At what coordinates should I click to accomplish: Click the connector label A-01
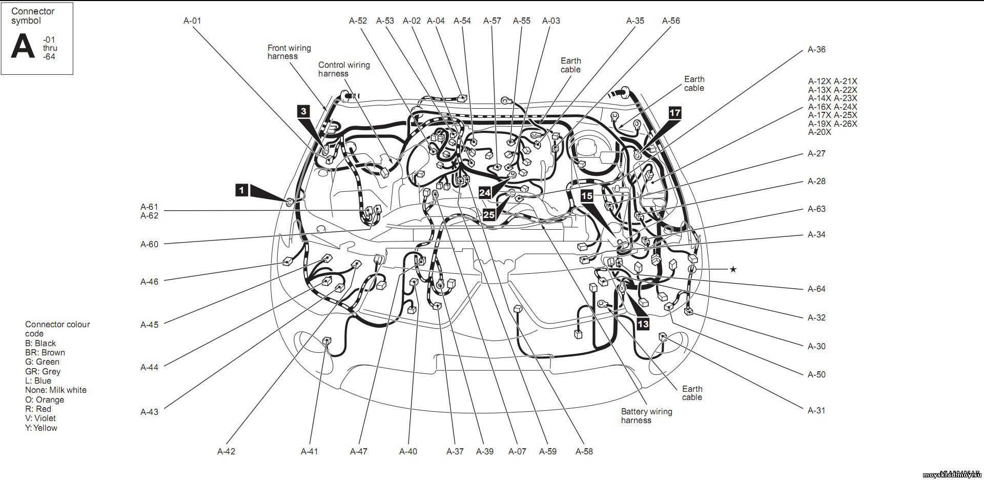tap(192, 21)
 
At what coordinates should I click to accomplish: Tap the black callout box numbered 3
tap(304, 111)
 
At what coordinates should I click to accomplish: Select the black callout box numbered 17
tap(675, 113)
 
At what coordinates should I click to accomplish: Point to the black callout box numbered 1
tap(242, 190)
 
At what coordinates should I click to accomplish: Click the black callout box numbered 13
tap(643, 324)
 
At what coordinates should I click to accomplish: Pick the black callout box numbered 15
tap(587, 195)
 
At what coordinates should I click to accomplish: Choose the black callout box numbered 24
tap(485, 192)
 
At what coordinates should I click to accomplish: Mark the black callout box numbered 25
tap(489, 214)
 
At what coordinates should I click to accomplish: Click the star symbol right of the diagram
tap(733, 269)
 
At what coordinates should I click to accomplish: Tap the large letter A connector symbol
tap(23, 47)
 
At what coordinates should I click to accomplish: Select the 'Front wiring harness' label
tap(289, 52)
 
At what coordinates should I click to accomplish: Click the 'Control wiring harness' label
tap(343, 69)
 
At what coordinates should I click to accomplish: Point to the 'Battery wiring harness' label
tap(646, 416)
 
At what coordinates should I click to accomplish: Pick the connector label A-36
tap(816, 50)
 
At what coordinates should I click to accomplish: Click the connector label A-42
tap(226, 452)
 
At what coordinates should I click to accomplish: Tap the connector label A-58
tap(584, 452)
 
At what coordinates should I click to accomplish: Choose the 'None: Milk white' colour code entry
tap(55, 390)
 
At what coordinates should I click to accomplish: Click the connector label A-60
tap(150, 245)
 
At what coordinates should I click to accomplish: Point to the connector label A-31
tap(816, 410)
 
